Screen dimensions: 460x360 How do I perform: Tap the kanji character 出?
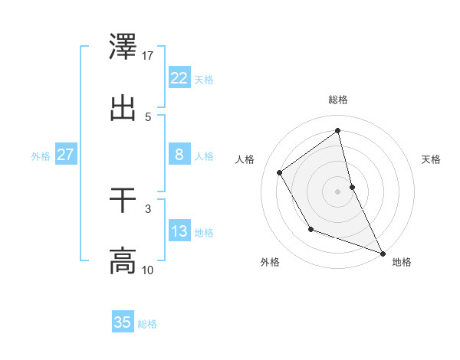click(123, 107)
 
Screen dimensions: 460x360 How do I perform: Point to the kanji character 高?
click(123, 260)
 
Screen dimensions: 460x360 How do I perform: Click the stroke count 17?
click(148, 55)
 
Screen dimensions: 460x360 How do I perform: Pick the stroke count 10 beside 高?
click(148, 270)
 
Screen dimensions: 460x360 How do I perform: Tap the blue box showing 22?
click(179, 78)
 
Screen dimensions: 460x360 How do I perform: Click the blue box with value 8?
click(179, 155)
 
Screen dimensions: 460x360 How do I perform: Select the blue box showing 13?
click(179, 232)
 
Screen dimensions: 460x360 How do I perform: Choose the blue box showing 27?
click(65, 155)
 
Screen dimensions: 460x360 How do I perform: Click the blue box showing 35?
click(123, 322)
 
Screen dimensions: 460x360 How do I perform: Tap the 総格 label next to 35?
click(147, 324)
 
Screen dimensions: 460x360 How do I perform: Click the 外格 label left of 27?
click(41, 156)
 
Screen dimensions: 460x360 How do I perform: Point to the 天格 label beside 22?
click(204, 80)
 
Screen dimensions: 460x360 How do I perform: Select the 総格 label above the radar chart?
click(338, 100)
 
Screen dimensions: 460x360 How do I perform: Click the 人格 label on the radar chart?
click(245, 159)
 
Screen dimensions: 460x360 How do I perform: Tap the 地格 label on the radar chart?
click(402, 262)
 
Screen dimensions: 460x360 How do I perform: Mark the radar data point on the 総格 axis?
click(338, 131)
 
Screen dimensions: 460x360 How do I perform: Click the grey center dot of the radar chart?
click(338, 191)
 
